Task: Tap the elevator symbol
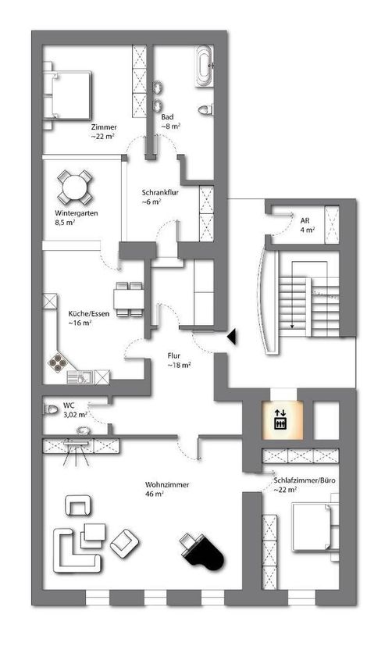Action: [x=280, y=419]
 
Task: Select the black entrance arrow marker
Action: [x=232, y=337]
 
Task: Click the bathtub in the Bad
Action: [x=205, y=66]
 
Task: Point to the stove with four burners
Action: [x=57, y=362]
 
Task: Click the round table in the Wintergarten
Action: [x=74, y=187]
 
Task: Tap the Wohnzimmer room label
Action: [x=167, y=489]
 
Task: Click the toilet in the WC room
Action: [x=51, y=409]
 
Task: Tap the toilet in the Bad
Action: [x=205, y=109]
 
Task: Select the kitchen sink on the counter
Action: [x=80, y=377]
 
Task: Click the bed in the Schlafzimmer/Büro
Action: [x=315, y=526]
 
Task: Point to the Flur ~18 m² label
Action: [x=179, y=360]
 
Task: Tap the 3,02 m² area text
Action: [x=75, y=415]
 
